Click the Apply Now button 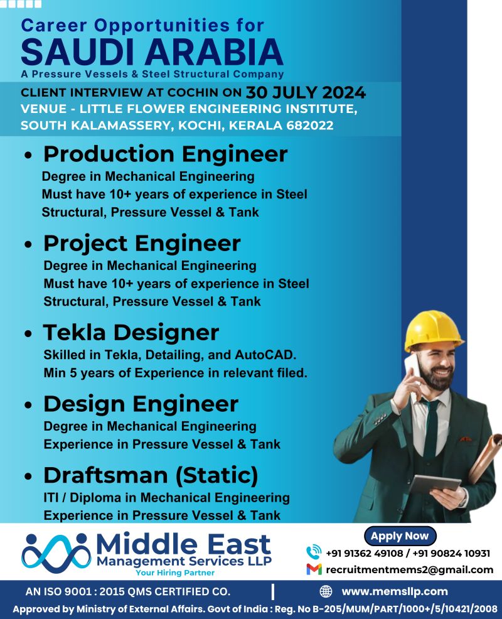tap(399, 536)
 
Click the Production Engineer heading tap(166, 154)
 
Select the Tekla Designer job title tap(131, 332)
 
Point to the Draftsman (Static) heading tap(151, 475)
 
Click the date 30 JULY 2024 tap(306, 93)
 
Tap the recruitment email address tap(410, 569)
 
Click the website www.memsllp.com tap(395, 591)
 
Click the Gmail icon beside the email tap(314, 569)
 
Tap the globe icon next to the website tap(326, 591)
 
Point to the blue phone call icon tap(314, 552)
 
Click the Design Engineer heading tap(141, 404)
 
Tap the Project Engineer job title tap(142, 243)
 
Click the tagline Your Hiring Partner tap(175, 573)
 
